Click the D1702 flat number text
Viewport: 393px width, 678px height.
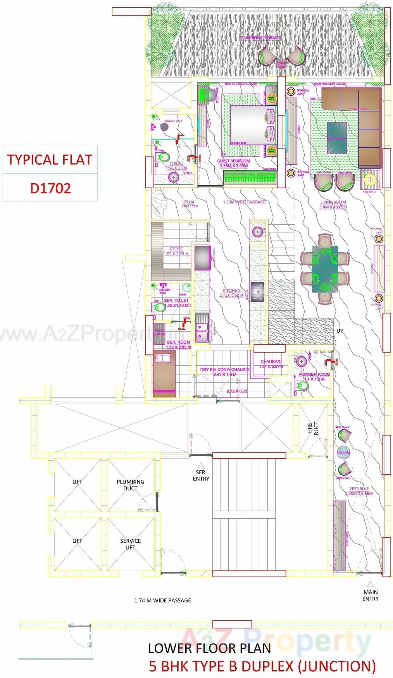tap(50, 188)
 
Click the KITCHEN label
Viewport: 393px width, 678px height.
tap(231, 290)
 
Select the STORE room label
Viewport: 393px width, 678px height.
tap(176, 249)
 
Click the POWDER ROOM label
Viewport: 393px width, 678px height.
tap(314, 375)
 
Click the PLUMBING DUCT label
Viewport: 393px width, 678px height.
tap(131, 485)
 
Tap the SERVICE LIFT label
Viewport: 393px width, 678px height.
tap(131, 544)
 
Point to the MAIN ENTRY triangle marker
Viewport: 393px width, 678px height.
tap(371, 584)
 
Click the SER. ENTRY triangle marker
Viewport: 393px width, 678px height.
tap(201, 465)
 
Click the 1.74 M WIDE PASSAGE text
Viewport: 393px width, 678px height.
tap(162, 601)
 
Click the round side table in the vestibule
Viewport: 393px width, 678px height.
tap(343, 452)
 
